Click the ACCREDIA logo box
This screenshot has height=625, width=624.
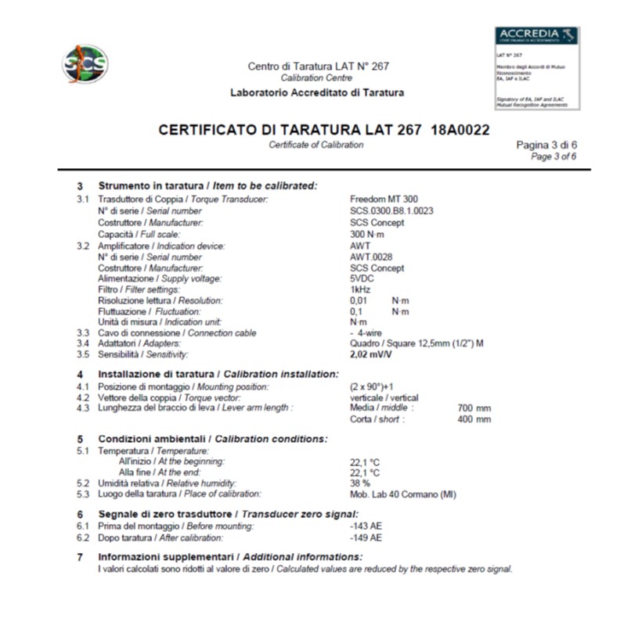point(537,68)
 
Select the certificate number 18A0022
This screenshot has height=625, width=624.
point(460,130)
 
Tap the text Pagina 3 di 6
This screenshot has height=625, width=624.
point(546,145)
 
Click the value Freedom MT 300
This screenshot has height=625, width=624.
point(384,199)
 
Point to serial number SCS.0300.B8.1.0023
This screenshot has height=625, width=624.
point(391,211)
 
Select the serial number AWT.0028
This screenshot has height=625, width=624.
point(371,257)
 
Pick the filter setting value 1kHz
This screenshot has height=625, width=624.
point(360,289)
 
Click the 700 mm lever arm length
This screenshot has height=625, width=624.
point(474,408)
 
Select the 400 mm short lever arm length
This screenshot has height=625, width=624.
point(474,419)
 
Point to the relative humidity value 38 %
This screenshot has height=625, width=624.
point(359,483)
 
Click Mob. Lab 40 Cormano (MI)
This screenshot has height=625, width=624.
point(402,494)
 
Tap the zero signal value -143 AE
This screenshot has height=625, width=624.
point(366,526)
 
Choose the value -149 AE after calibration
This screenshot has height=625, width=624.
point(366,538)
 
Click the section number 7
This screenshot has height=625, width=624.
point(80,557)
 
